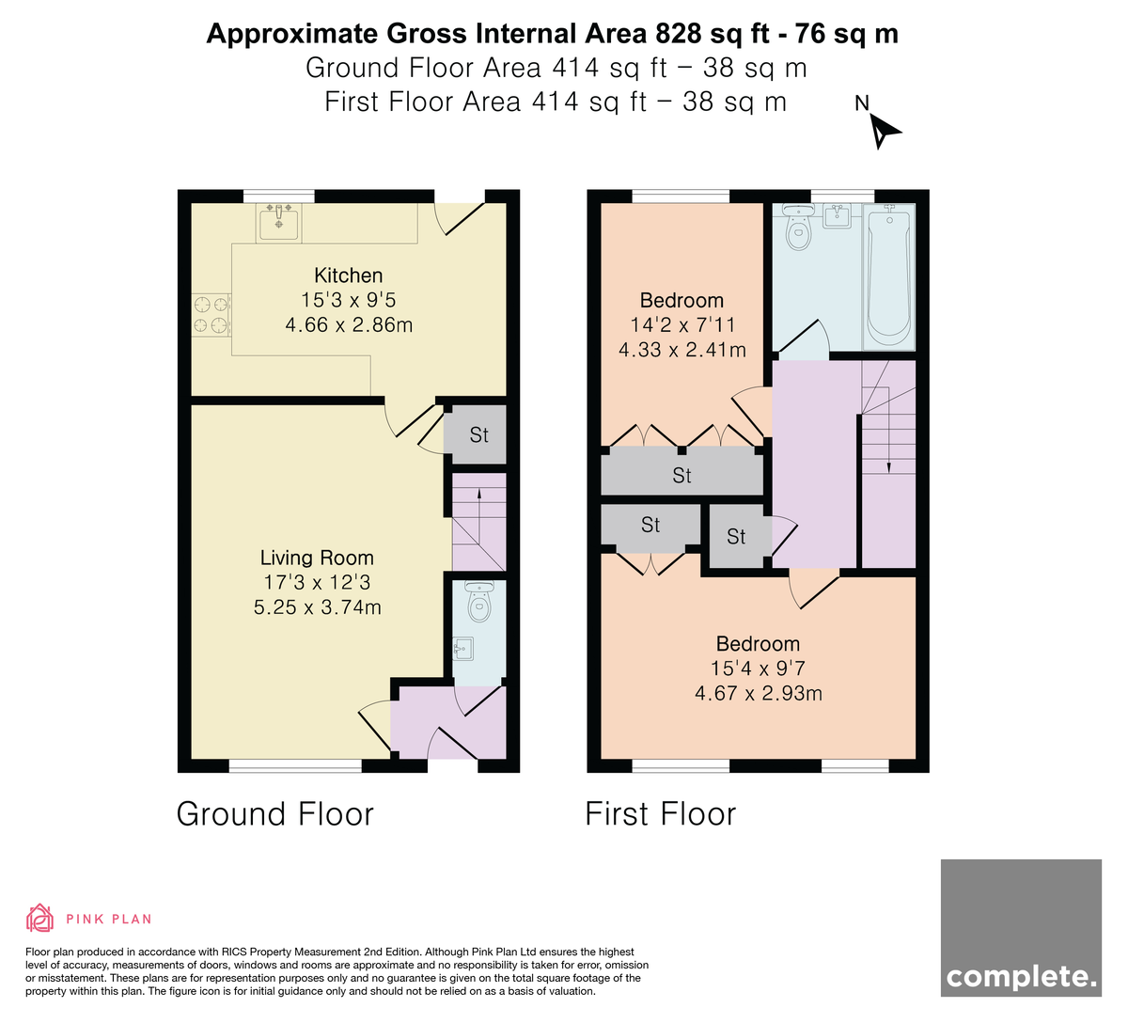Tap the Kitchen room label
pos(348,275)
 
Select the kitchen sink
pos(278,223)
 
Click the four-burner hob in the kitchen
pos(211,315)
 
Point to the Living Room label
pos(317,558)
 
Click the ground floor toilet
pos(479,601)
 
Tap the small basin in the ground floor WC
pos(462,649)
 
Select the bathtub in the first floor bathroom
pos(889,276)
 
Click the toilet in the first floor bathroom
pos(798,227)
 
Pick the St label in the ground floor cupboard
pos(478,435)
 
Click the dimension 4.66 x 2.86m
pos(349,324)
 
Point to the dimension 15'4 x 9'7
pos(758,668)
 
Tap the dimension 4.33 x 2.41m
pos(682,350)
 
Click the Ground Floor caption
pos(275,813)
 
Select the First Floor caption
pos(660,813)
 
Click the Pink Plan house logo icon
pos(39,919)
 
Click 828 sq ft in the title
pos(712,34)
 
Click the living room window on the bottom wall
pos(295,765)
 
